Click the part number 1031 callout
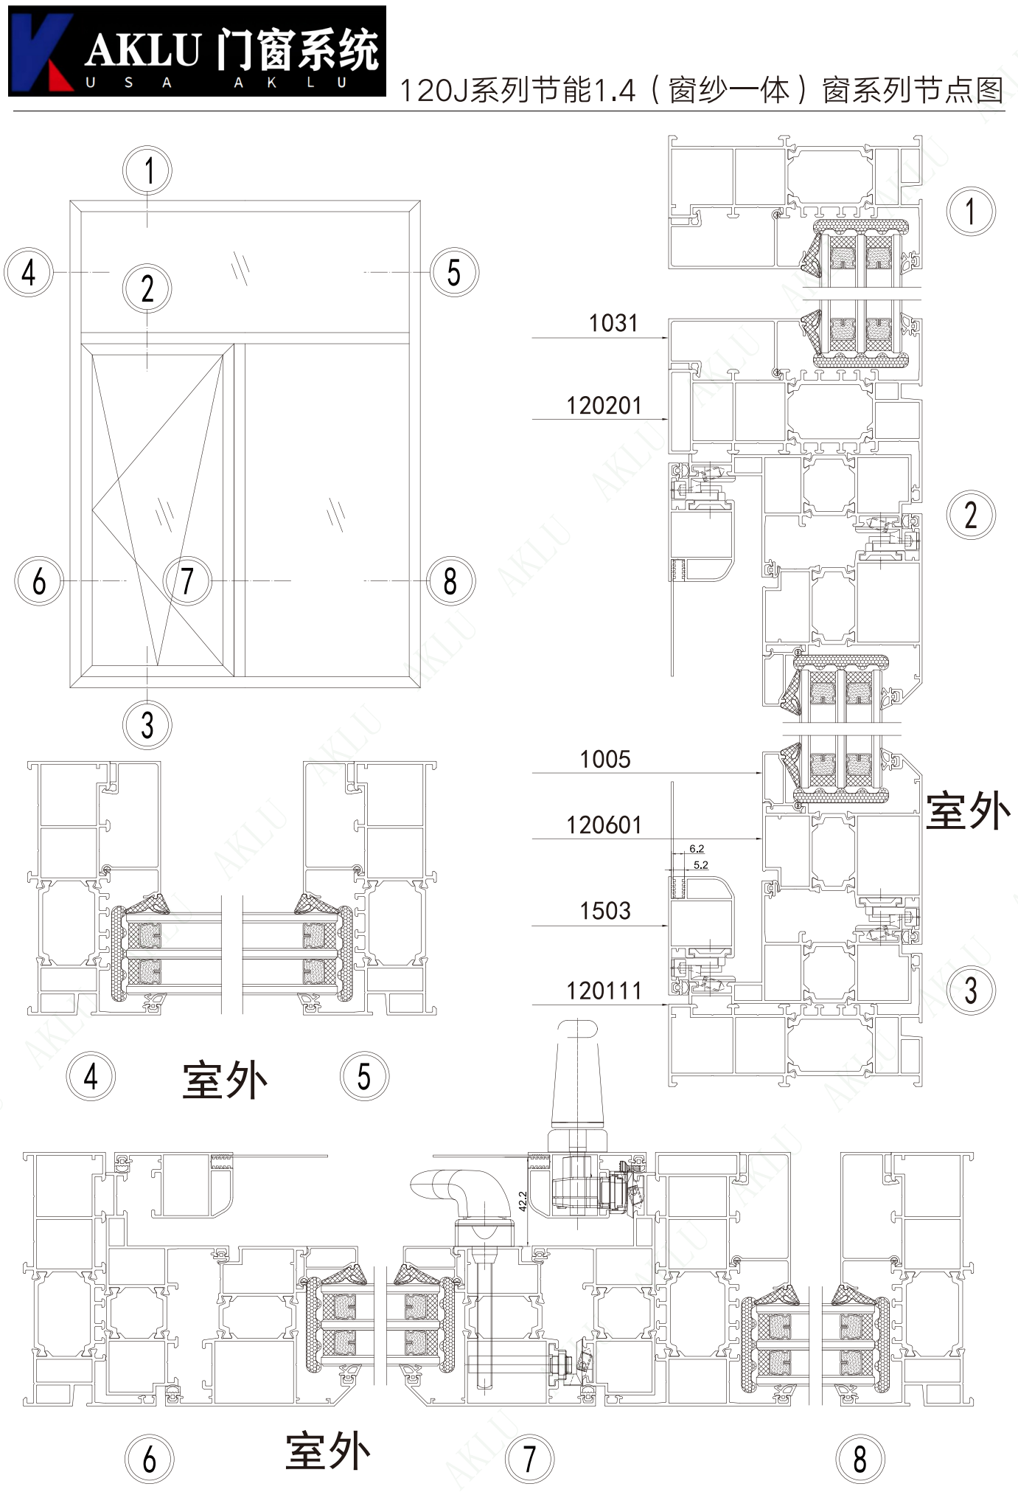click(x=613, y=323)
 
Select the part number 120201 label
click(x=604, y=406)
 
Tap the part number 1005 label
click(x=604, y=759)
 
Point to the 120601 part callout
click(x=604, y=825)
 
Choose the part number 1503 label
click(x=604, y=911)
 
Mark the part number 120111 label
click(x=604, y=991)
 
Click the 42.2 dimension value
click(x=523, y=1201)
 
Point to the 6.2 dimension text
click(x=697, y=849)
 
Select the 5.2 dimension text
click(x=700, y=864)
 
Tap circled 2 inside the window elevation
click(x=147, y=288)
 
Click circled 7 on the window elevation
click(x=187, y=580)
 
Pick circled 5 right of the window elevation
click(x=454, y=272)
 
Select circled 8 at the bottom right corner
click(x=860, y=1459)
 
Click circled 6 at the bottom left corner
click(x=149, y=1459)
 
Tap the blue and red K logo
click(x=41, y=52)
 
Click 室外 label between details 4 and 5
click(x=225, y=1080)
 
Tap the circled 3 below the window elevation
click(x=147, y=724)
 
